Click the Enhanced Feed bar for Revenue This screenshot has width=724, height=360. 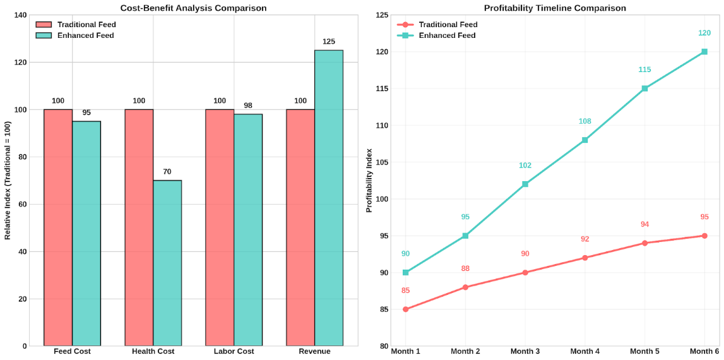pyautogui.click(x=329, y=198)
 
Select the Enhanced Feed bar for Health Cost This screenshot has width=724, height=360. pyautogui.click(x=167, y=263)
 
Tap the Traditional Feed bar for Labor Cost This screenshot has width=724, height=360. pyautogui.click(x=220, y=227)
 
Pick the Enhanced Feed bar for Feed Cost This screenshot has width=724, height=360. pyautogui.click(x=86, y=233)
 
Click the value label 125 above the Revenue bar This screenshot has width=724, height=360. pyautogui.click(x=329, y=42)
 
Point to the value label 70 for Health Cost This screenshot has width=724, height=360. pyautogui.click(x=167, y=172)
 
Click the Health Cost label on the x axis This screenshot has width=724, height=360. pyautogui.click(x=153, y=351)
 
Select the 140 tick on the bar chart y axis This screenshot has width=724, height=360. pyautogui.click(x=20, y=15)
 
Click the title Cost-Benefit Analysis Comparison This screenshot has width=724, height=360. pyautogui.click(x=193, y=8)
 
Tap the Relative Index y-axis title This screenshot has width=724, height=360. pyautogui.click(x=8, y=181)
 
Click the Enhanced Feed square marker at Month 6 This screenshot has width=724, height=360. pyautogui.click(x=704, y=52)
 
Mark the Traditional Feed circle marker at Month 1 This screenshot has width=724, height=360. pyautogui.click(x=405, y=309)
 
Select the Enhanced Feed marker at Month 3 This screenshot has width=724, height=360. pyautogui.click(x=525, y=184)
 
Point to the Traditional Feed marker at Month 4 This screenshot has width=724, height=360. pyautogui.click(x=585, y=258)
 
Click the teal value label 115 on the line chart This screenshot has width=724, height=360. pyautogui.click(x=644, y=69)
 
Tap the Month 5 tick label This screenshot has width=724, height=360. pyautogui.click(x=644, y=351)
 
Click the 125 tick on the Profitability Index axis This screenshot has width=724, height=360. pyautogui.click(x=380, y=15)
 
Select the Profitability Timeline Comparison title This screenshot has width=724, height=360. pyautogui.click(x=555, y=8)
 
